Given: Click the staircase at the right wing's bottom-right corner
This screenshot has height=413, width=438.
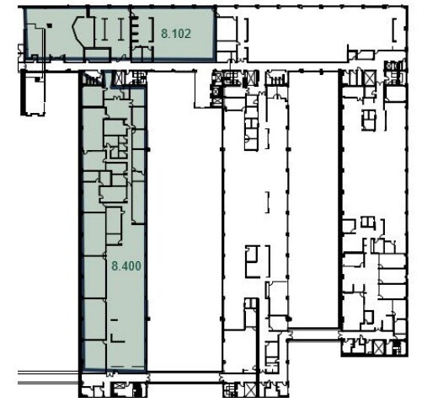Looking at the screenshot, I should click(x=401, y=346).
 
